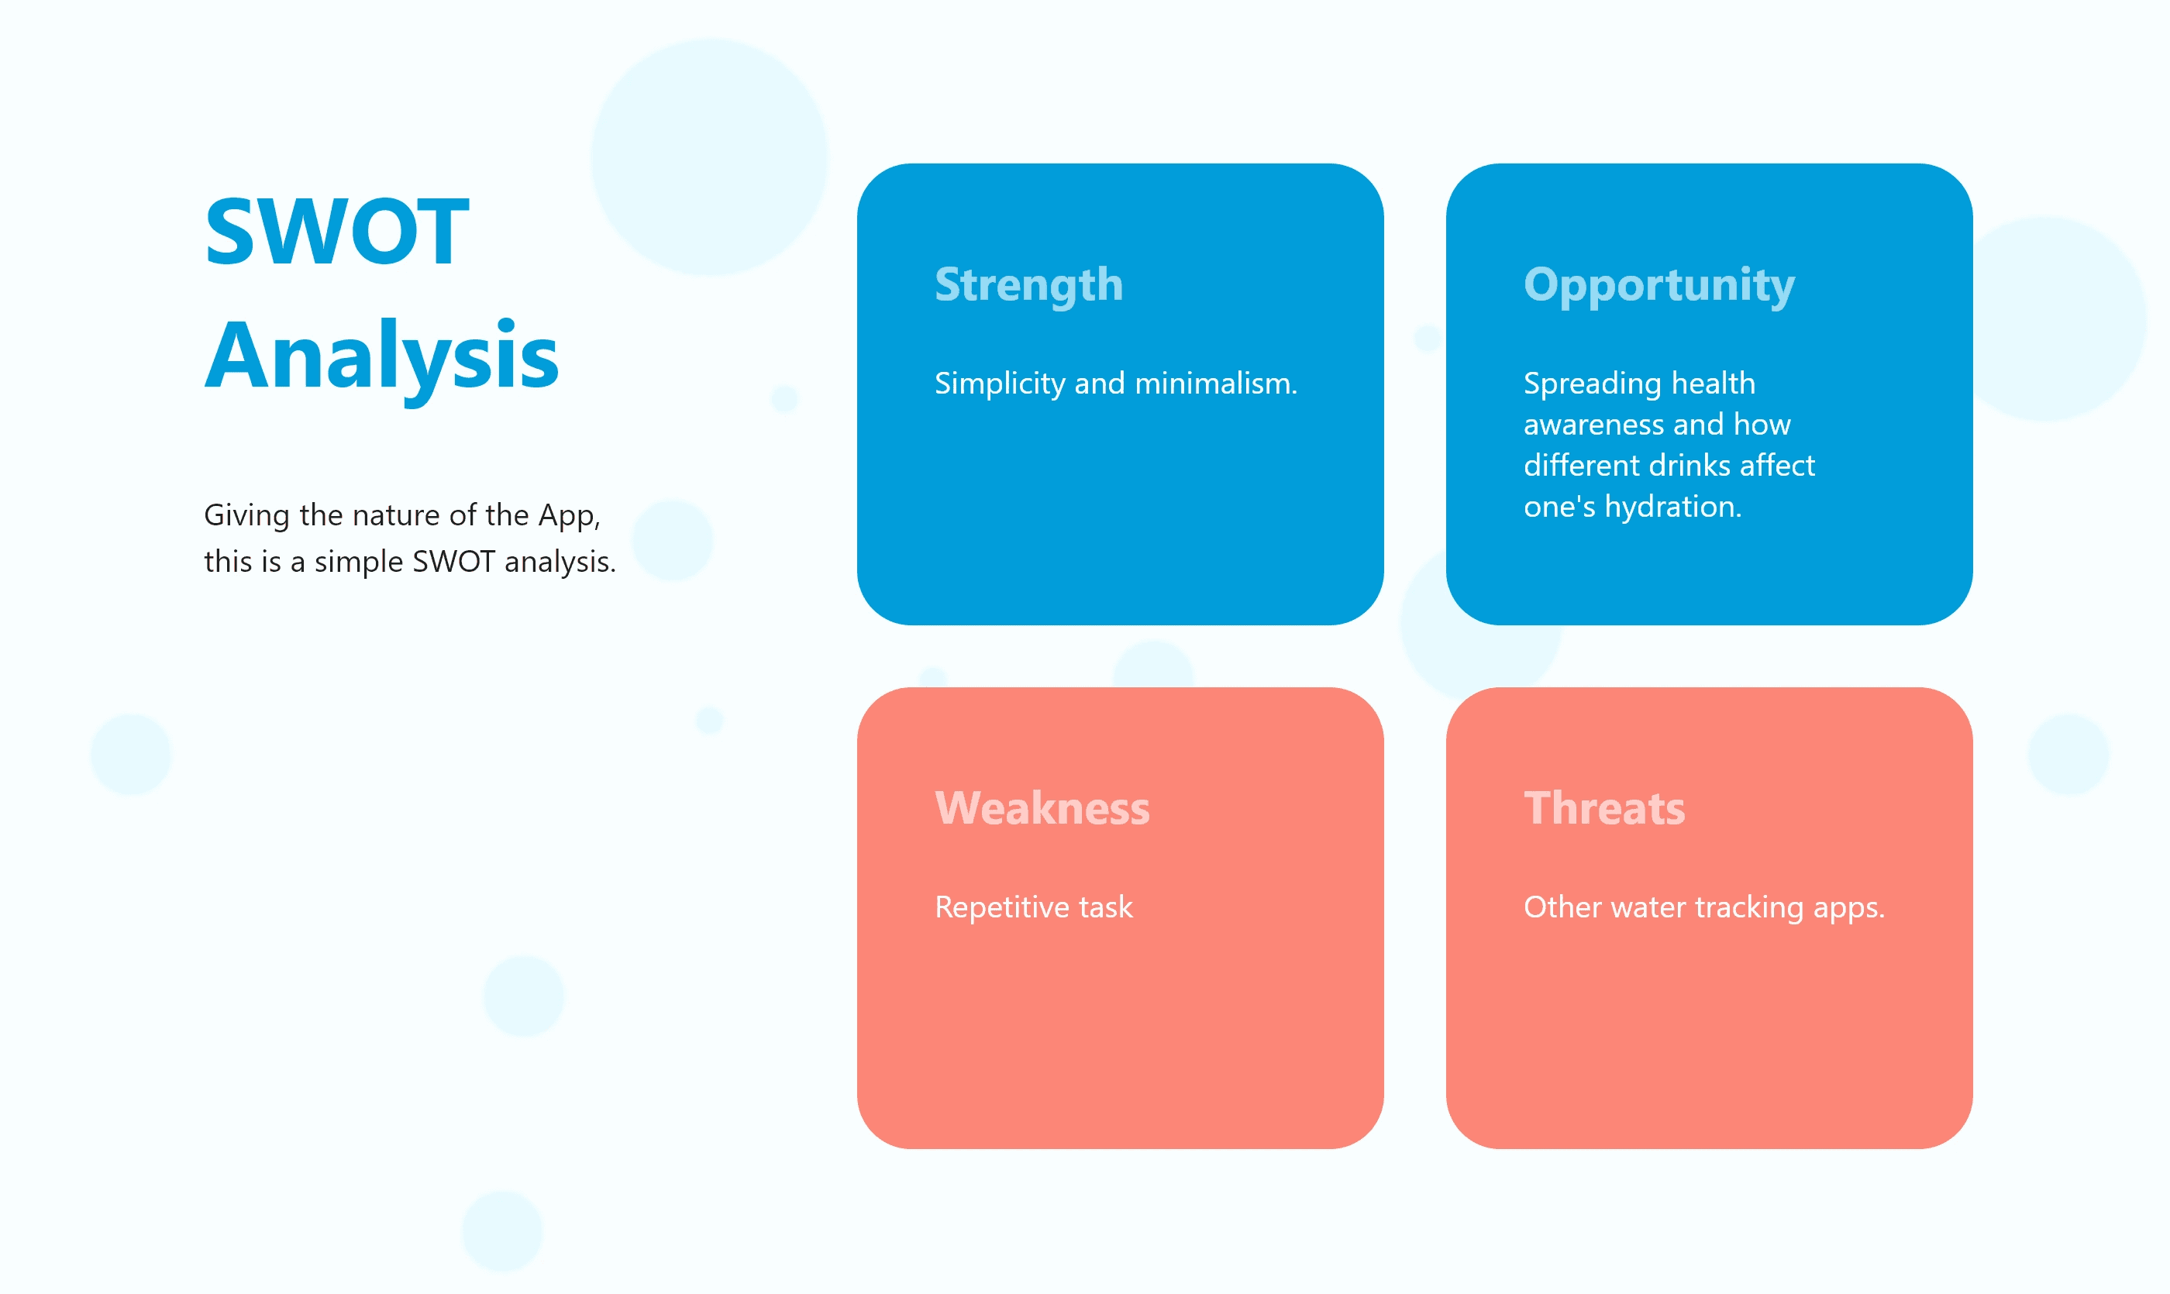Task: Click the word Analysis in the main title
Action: tap(381, 356)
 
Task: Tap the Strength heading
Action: tap(1028, 286)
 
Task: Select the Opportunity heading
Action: tap(1659, 286)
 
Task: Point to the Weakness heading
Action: tap(1042, 808)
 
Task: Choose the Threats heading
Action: tap(1604, 808)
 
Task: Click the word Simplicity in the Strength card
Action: tap(1000, 384)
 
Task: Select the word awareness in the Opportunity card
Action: tap(1593, 425)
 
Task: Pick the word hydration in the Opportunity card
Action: tap(1673, 507)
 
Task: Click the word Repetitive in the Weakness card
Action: tap(1002, 907)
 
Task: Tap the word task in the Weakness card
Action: tap(1106, 907)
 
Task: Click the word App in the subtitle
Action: tap(569, 515)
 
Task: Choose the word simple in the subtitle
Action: tap(359, 563)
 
